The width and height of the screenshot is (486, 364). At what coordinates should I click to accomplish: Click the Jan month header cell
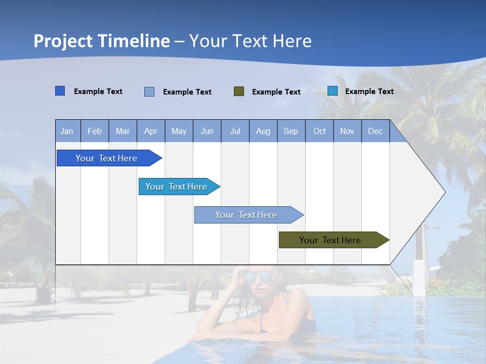click(67, 131)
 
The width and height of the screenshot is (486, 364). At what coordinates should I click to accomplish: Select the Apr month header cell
click(151, 131)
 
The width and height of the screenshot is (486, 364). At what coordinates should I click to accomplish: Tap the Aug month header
click(263, 131)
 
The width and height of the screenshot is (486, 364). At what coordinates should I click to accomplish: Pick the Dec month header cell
click(376, 131)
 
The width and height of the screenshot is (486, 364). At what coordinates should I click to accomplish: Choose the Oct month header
click(319, 131)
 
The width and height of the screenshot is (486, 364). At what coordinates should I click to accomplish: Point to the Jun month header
click(207, 131)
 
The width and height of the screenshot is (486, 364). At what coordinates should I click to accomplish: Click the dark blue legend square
click(60, 91)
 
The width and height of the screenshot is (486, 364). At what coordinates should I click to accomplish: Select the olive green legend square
click(239, 92)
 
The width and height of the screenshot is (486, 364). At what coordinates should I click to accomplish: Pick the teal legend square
click(333, 91)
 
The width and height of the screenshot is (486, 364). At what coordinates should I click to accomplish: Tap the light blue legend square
click(149, 92)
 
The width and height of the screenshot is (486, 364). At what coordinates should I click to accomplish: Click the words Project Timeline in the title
click(102, 41)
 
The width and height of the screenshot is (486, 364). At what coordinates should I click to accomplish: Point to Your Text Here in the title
click(251, 41)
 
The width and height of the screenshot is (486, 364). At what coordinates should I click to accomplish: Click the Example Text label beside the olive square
click(276, 92)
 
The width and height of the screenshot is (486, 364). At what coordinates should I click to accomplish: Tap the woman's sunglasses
click(258, 277)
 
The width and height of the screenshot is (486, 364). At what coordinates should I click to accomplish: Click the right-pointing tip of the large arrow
click(444, 192)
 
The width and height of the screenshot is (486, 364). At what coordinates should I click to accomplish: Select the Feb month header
click(95, 131)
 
